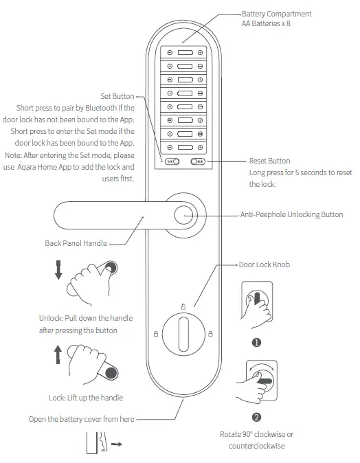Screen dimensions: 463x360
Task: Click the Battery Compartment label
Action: tap(276, 14)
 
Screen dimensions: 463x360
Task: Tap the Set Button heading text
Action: tap(117, 97)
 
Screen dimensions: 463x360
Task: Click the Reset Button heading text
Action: tap(270, 161)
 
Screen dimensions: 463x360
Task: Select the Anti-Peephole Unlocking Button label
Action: tap(292, 215)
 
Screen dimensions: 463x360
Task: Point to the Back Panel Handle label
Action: tap(76, 243)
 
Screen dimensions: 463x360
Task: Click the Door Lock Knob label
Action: tap(265, 264)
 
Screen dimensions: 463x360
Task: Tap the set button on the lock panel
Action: tap(172, 162)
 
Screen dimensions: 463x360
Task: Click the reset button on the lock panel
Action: tap(198, 162)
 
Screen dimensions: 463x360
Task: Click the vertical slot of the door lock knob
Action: tap(183, 335)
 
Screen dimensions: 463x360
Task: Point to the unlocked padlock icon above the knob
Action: tap(183, 306)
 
